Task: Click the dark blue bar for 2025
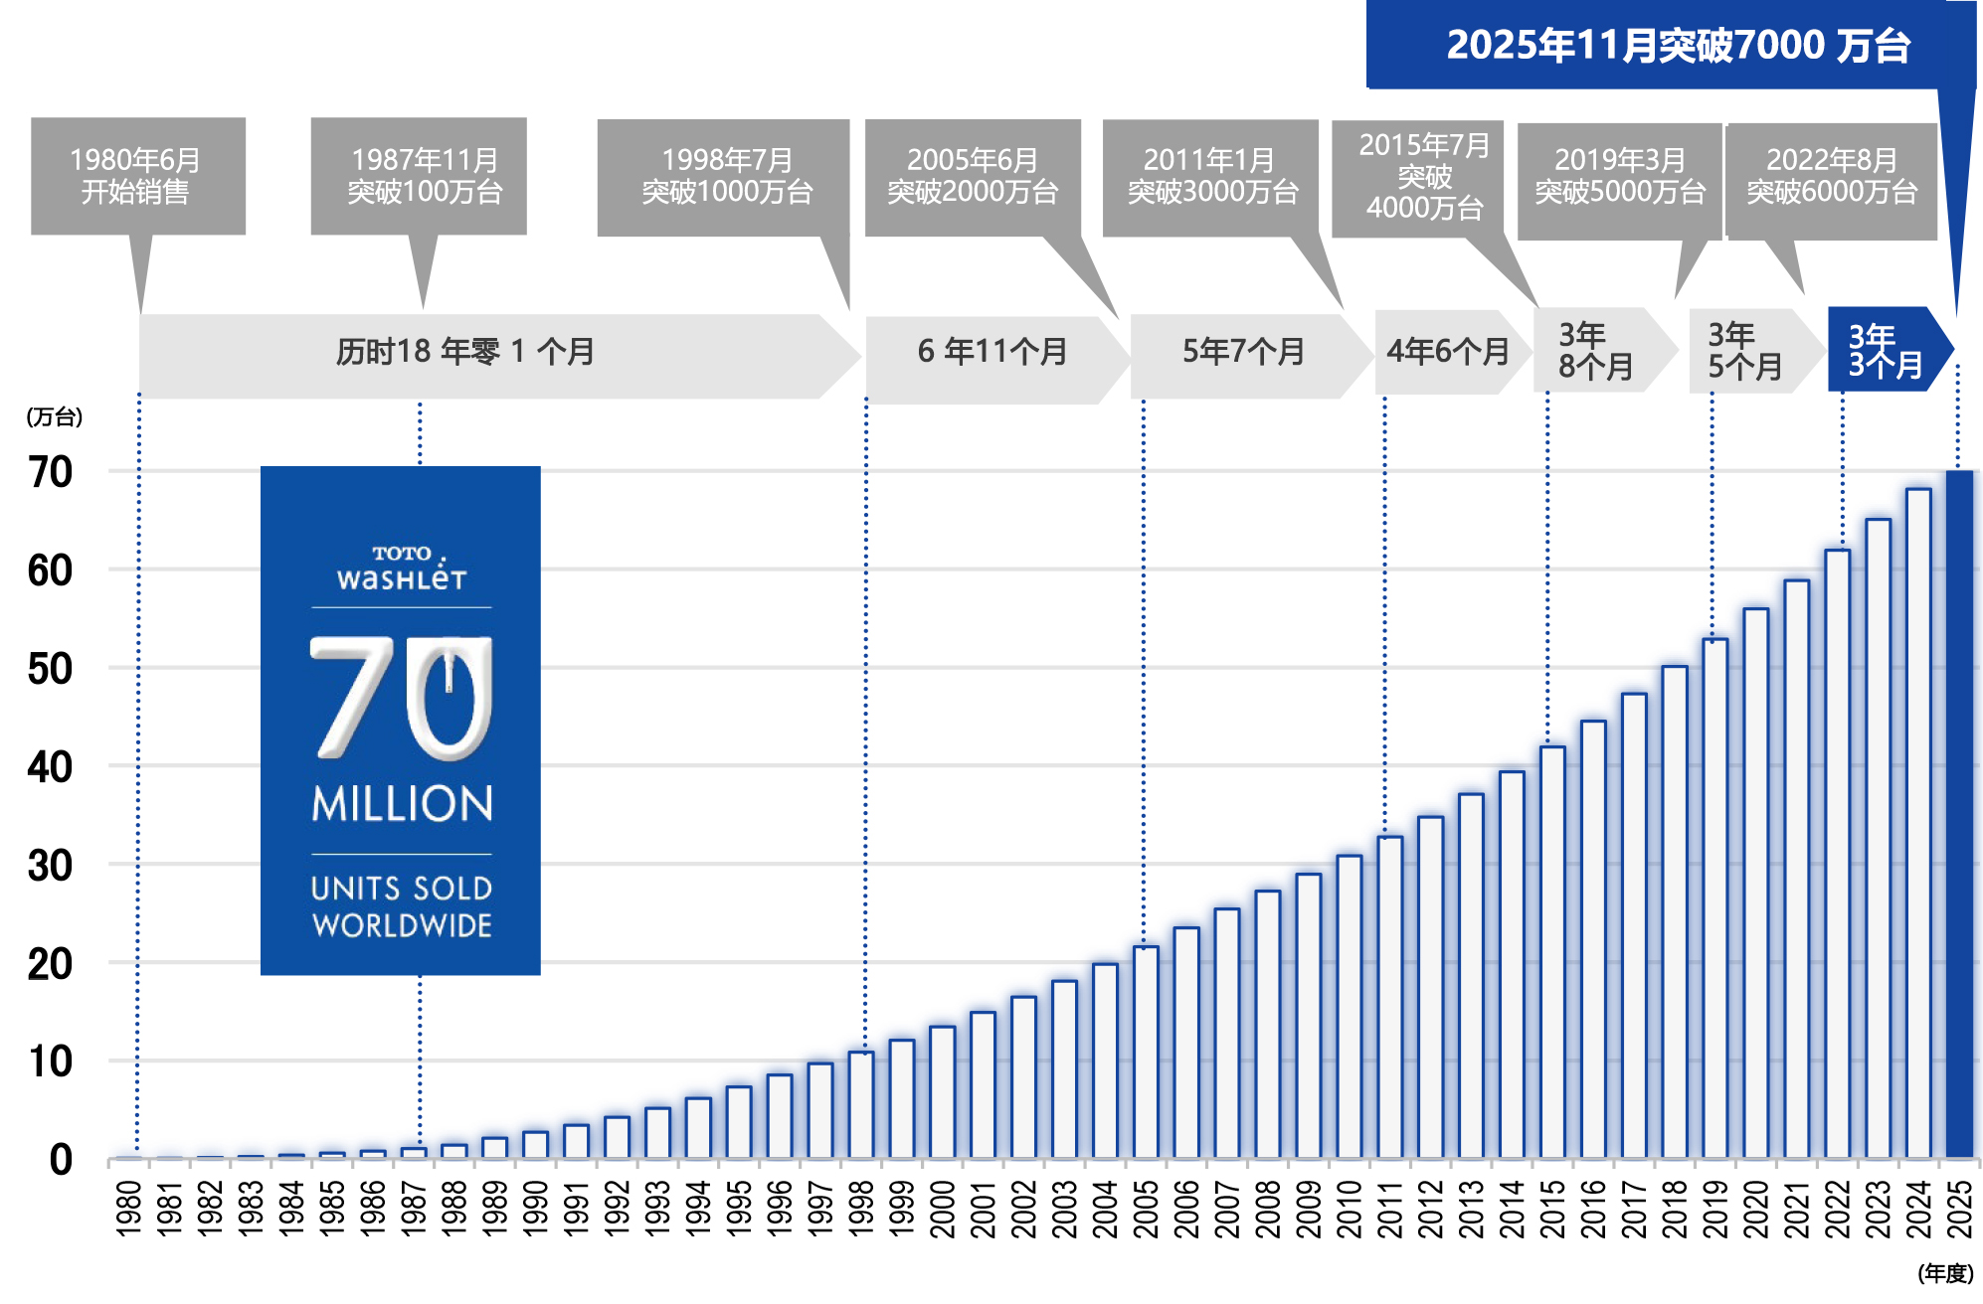click(x=1958, y=815)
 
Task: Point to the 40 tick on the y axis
click(x=50, y=767)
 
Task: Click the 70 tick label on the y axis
click(x=50, y=472)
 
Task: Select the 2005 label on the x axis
click(x=1146, y=1209)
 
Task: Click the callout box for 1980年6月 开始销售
click(x=137, y=176)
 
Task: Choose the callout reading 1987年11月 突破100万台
click(x=419, y=176)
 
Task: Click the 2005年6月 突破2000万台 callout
click(x=972, y=177)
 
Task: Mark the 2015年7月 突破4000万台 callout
click(x=1423, y=177)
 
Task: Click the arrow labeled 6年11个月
click(x=991, y=352)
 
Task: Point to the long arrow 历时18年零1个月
click(x=465, y=352)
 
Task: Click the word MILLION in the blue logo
click(x=402, y=803)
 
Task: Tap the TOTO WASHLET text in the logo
click(x=402, y=568)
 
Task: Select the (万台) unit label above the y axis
click(x=55, y=417)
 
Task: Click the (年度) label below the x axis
click(x=1944, y=1273)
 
